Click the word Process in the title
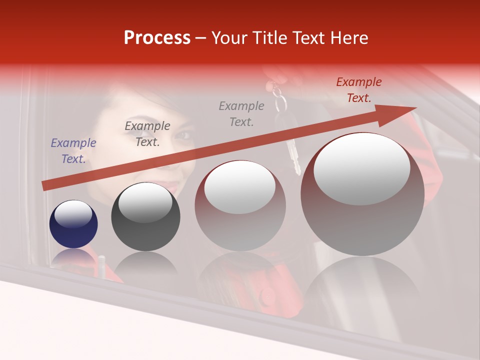coord(157,38)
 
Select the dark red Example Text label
coord(359,90)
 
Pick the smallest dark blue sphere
coord(73,224)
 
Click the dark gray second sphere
coord(145,216)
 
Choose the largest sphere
coord(362,195)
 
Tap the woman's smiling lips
coord(171,187)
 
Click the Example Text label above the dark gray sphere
coord(147,134)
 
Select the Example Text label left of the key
coord(241,114)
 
